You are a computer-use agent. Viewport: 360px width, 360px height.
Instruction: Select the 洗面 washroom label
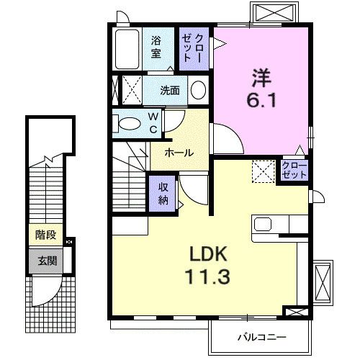[170, 91]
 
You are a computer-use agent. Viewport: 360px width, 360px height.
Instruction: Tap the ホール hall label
[177, 153]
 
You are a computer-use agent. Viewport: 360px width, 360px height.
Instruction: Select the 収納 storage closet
[163, 193]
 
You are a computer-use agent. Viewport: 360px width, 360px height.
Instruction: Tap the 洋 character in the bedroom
[261, 74]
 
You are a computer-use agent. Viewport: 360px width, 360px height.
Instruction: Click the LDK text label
[209, 253]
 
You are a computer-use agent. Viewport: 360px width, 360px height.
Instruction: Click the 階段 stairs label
[45, 235]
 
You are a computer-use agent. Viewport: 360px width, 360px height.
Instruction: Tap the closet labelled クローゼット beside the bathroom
[194, 48]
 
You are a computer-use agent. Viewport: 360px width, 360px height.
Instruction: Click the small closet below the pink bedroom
[294, 171]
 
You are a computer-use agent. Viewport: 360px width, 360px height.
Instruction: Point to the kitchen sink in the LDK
[261, 224]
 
